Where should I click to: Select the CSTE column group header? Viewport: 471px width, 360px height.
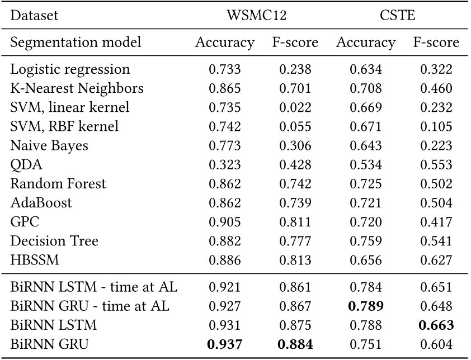click(397, 15)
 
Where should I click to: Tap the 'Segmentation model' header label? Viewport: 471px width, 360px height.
click(76, 42)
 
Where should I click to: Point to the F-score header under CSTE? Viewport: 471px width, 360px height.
click(436, 42)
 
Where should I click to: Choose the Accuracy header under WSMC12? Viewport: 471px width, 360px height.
click(224, 42)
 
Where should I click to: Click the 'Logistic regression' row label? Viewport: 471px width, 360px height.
click(70, 69)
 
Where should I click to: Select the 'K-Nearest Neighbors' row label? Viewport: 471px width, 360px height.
click(77, 88)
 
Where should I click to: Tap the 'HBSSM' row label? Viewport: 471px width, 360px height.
click(34, 260)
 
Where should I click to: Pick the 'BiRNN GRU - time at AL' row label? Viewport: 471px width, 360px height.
click(90, 306)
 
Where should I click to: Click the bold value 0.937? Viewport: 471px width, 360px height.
click(224, 345)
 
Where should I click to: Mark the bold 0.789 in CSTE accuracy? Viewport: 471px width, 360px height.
click(365, 306)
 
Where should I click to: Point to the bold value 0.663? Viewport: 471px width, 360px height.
click(436, 325)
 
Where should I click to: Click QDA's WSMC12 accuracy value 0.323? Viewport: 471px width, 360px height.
click(224, 164)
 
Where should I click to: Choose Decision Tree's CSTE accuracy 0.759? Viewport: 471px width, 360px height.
click(365, 241)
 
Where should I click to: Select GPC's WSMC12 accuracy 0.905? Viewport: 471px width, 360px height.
click(224, 222)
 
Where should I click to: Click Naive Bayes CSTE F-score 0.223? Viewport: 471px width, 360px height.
click(436, 145)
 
